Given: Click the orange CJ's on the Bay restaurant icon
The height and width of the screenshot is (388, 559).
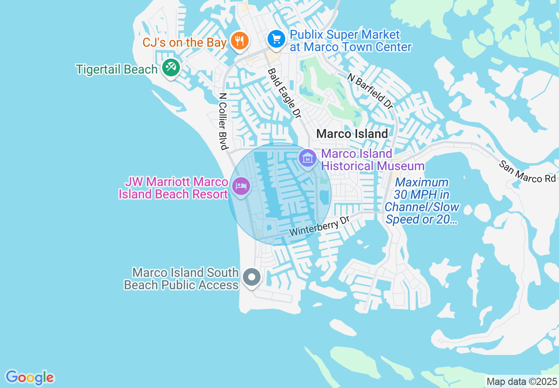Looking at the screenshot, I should click(x=240, y=41).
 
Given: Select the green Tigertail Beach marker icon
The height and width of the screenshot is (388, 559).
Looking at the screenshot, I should click(x=170, y=68).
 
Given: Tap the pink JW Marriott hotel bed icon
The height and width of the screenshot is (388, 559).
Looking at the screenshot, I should click(x=241, y=186).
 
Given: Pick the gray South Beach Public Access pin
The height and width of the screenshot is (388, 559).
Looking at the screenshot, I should click(x=252, y=278).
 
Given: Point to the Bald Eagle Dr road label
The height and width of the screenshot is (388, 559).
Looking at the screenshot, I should click(x=285, y=93).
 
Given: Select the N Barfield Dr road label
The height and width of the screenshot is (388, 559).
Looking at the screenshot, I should click(x=370, y=91).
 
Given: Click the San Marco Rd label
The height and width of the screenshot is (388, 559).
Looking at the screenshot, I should click(x=527, y=172).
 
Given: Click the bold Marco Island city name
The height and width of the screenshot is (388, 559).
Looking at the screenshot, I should click(x=352, y=134).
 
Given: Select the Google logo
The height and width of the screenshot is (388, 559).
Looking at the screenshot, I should click(x=30, y=377).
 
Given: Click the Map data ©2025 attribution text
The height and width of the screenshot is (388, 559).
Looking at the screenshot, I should click(x=521, y=381).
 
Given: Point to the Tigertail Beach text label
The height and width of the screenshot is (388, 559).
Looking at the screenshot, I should click(x=117, y=70).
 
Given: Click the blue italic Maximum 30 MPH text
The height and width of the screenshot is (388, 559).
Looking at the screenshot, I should click(x=422, y=201).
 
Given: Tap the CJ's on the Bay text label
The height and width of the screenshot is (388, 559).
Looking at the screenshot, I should click(x=184, y=43).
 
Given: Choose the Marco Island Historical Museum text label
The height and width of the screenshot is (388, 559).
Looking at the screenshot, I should click(x=373, y=160).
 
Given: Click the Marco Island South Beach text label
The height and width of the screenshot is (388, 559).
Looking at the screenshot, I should click(x=181, y=279).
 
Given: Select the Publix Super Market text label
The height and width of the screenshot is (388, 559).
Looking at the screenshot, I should click(x=350, y=41).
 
